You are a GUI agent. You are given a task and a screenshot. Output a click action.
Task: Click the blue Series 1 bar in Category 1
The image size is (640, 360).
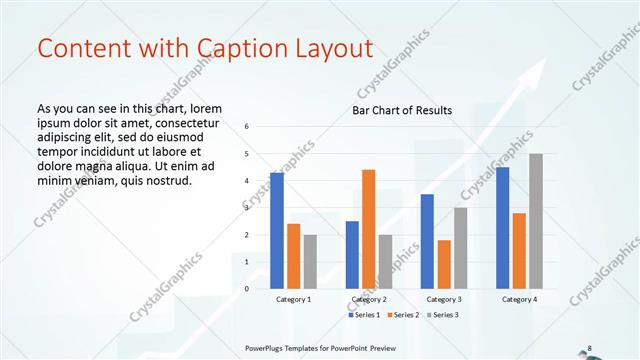point(277,230)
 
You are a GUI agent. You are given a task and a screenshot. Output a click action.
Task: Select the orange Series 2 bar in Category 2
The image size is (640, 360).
point(368,229)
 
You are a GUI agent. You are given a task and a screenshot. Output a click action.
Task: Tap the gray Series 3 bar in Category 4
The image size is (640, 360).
point(536,221)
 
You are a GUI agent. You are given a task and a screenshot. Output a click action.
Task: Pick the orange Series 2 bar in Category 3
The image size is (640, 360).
point(444,264)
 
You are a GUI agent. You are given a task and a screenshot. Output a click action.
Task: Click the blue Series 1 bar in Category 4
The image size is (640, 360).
point(502,227)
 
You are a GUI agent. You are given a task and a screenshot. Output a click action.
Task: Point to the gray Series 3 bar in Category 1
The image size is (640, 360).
point(310,261)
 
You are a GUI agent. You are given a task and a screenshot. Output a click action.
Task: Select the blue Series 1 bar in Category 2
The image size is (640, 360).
point(352,254)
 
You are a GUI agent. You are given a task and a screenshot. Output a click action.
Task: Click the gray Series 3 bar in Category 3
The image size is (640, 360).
point(460,247)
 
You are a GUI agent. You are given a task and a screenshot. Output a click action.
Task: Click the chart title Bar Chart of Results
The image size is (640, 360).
point(402,110)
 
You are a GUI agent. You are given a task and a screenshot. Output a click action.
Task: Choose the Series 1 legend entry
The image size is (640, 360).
point(365,315)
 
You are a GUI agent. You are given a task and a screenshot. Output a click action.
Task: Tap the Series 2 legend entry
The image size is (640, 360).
point(402,315)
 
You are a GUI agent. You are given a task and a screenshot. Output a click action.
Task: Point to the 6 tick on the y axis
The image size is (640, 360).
point(246,127)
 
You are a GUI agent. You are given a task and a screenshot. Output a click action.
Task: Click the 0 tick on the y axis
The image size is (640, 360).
point(246,288)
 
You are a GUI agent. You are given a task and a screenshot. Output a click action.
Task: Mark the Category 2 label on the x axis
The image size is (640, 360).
point(368,299)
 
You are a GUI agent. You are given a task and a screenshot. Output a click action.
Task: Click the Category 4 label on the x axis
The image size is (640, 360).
point(519,299)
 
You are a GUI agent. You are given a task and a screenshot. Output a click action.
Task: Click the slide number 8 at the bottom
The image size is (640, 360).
point(589,347)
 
